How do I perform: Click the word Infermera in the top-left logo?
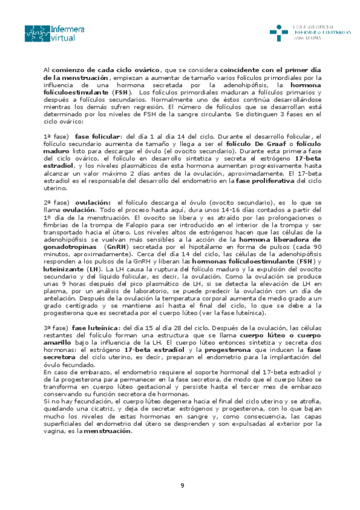point(68,28)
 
